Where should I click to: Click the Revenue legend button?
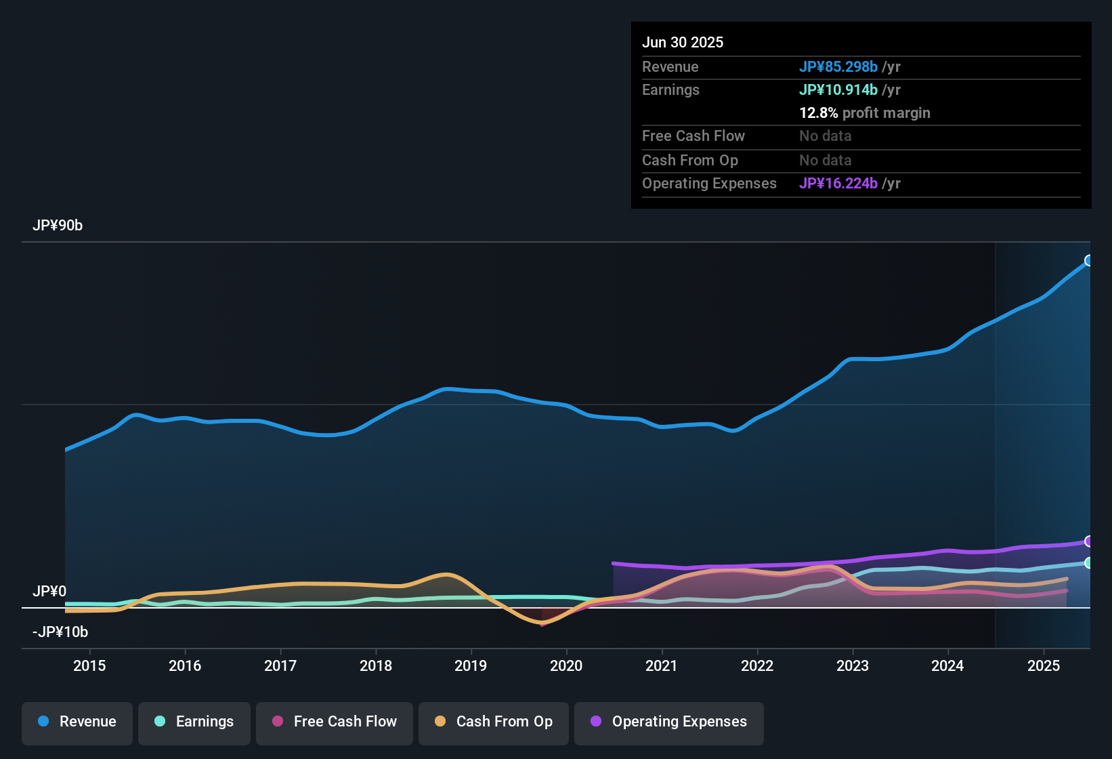(77, 722)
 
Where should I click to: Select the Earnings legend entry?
(194, 722)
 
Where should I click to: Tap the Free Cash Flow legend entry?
(335, 722)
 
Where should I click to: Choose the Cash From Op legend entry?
(494, 722)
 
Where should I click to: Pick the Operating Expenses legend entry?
(669, 722)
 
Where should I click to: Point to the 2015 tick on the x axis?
(89, 665)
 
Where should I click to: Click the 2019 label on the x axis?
(471, 665)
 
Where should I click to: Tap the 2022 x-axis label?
(757, 665)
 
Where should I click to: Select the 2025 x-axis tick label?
(1044, 665)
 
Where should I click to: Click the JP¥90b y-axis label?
(58, 226)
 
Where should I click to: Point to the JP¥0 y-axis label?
(49, 591)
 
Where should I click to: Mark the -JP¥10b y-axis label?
(60, 632)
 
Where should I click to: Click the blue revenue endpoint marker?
(1089, 260)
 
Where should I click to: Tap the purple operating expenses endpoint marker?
(1089, 541)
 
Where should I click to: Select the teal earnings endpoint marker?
(1089, 562)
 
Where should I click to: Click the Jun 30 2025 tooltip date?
(683, 42)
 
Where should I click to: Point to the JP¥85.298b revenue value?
(838, 66)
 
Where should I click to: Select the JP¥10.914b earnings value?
(838, 89)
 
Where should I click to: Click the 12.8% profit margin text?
(865, 113)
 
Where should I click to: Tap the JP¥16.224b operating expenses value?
(838, 184)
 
